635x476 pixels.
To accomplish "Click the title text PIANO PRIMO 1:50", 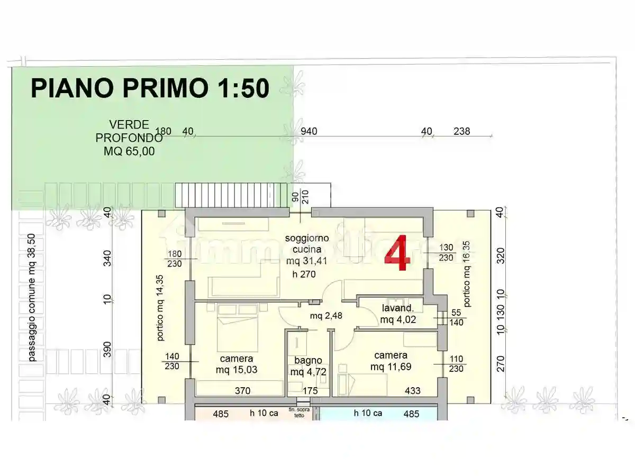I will (150, 88).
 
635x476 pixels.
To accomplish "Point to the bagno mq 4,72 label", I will (309, 366).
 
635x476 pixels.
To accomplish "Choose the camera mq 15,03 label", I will (237, 364).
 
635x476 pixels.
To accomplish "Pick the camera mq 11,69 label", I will (391, 361).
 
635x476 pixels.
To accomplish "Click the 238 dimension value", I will (461, 131).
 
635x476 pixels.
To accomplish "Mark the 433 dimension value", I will (412, 391).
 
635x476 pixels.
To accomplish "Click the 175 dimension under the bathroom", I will (310, 391).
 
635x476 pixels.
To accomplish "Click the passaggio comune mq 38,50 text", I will (32, 298).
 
